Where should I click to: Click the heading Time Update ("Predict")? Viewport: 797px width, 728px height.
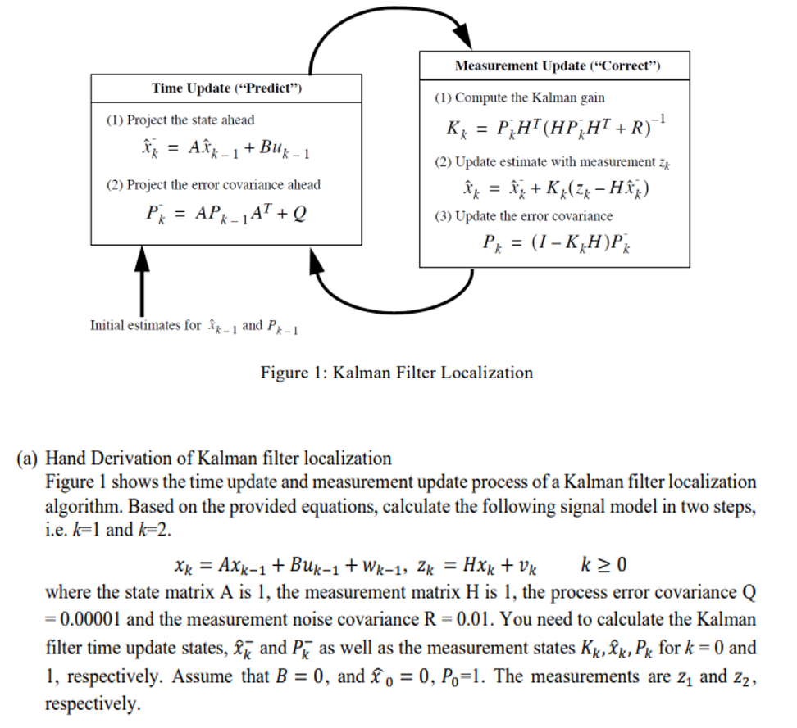click(227, 88)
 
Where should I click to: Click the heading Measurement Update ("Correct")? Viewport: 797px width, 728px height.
click(557, 66)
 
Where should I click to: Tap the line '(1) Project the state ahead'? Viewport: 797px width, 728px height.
click(180, 120)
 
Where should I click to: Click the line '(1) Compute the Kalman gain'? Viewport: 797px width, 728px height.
click(519, 97)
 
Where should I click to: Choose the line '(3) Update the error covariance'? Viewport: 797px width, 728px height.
click(523, 216)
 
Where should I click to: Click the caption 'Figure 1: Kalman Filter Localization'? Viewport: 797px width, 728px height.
click(397, 373)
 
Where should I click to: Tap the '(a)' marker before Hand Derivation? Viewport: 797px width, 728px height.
click(28, 458)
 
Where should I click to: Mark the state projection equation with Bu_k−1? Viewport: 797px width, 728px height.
click(225, 151)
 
